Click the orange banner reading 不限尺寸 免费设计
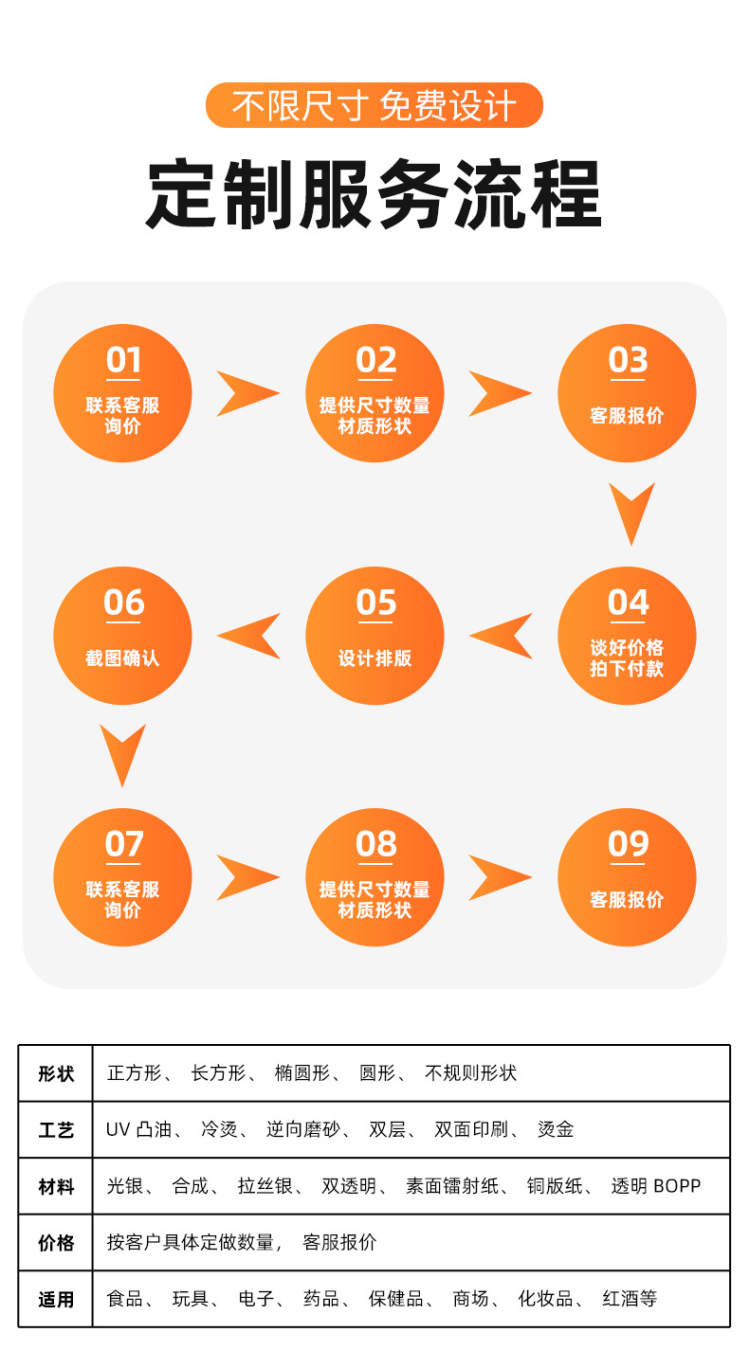click(374, 105)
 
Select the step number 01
click(123, 361)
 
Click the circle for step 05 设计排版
click(374, 636)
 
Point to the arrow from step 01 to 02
click(247, 393)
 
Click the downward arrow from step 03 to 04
click(631, 513)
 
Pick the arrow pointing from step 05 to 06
click(249, 636)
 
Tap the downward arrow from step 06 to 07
click(123, 754)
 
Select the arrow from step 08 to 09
click(500, 877)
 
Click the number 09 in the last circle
click(628, 844)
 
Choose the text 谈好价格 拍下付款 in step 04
click(627, 658)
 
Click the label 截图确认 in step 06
click(122, 657)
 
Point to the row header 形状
click(56, 1073)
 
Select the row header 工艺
click(56, 1129)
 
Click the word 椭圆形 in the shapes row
click(301, 1073)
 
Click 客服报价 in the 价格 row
click(339, 1242)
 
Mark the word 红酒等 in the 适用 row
click(630, 1299)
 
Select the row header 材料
click(56, 1186)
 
